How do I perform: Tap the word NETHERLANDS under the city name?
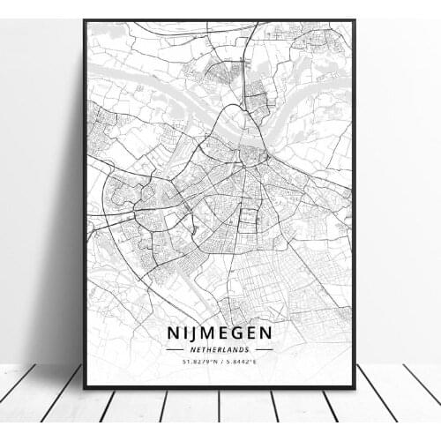pyautogui.click(x=219, y=349)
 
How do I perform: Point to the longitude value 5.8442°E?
pyautogui.click(x=244, y=362)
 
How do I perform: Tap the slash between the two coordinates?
pyautogui.click(x=220, y=362)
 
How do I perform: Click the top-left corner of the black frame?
pyautogui.click(x=85, y=20)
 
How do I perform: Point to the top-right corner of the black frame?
pyautogui.click(x=354, y=20)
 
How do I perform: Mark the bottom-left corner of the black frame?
pyautogui.click(x=85, y=387)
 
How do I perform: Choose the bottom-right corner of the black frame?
pyautogui.click(x=354, y=387)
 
